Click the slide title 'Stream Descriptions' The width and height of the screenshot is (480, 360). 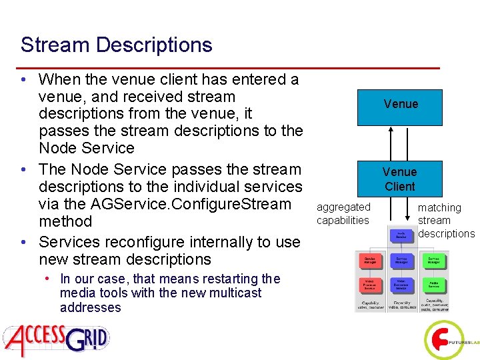pyautogui.click(x=117, y=45)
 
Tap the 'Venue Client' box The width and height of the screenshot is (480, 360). pyautogui.click(x=400, y=179)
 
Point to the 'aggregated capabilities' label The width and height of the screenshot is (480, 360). pyautogui.click(x=343, y=214)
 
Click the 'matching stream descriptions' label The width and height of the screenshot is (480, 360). pyautogui.click(x=445, y=221)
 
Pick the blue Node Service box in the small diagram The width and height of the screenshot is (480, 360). pyautogui.click(x=401, y=235)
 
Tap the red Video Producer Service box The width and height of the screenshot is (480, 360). pyautogui.click(x=369, y=286)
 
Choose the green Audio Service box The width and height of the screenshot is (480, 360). pyautogui.click(x=433, y=286)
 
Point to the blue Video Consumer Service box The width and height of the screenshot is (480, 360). pyautogui.click(x=401, y=286)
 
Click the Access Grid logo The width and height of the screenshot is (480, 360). pyautogui.click(x=57, y=337)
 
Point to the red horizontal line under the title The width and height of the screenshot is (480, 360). pyautogui.click(x=230, y=68)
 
